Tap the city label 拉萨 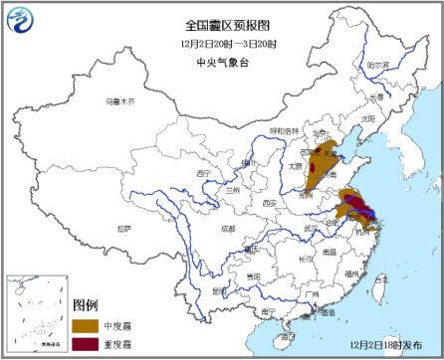pyautogui.click(x=122, y=228)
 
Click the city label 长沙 pyautogui.click(x=306, y=258)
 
